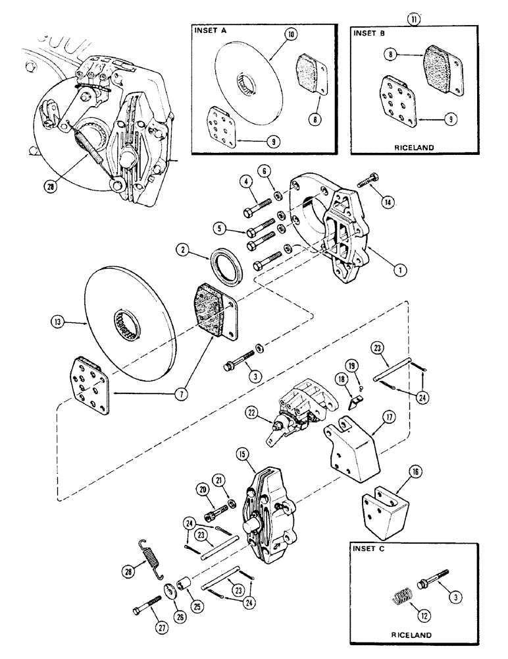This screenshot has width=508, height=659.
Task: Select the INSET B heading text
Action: click(x=370, y=30)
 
